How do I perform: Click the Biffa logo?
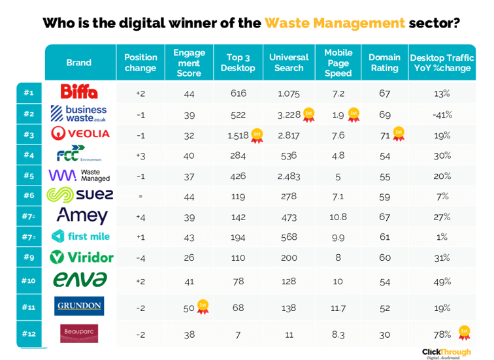click(79, 93)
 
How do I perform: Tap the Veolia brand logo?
click(80, 134)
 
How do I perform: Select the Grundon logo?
click(79, 306)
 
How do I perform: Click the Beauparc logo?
click(79, 334)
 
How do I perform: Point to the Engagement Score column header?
click(189, 63)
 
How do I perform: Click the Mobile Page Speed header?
click(338, 63)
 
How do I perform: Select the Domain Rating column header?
click(384, 63)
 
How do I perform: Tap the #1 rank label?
click(28, 93)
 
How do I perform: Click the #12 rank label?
click(28, 334)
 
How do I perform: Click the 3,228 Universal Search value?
click(288, 115)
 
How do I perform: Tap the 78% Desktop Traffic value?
click(442, 334)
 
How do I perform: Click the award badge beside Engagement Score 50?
click(203, 306)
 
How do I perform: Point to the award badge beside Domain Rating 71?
click(398, 134)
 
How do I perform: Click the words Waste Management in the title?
click(335, 24)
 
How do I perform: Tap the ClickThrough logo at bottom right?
click(446, 353)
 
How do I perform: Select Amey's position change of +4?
click(140, 216)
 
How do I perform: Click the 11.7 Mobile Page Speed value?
click(338, 306)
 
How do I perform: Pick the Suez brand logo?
click(80, 195)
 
